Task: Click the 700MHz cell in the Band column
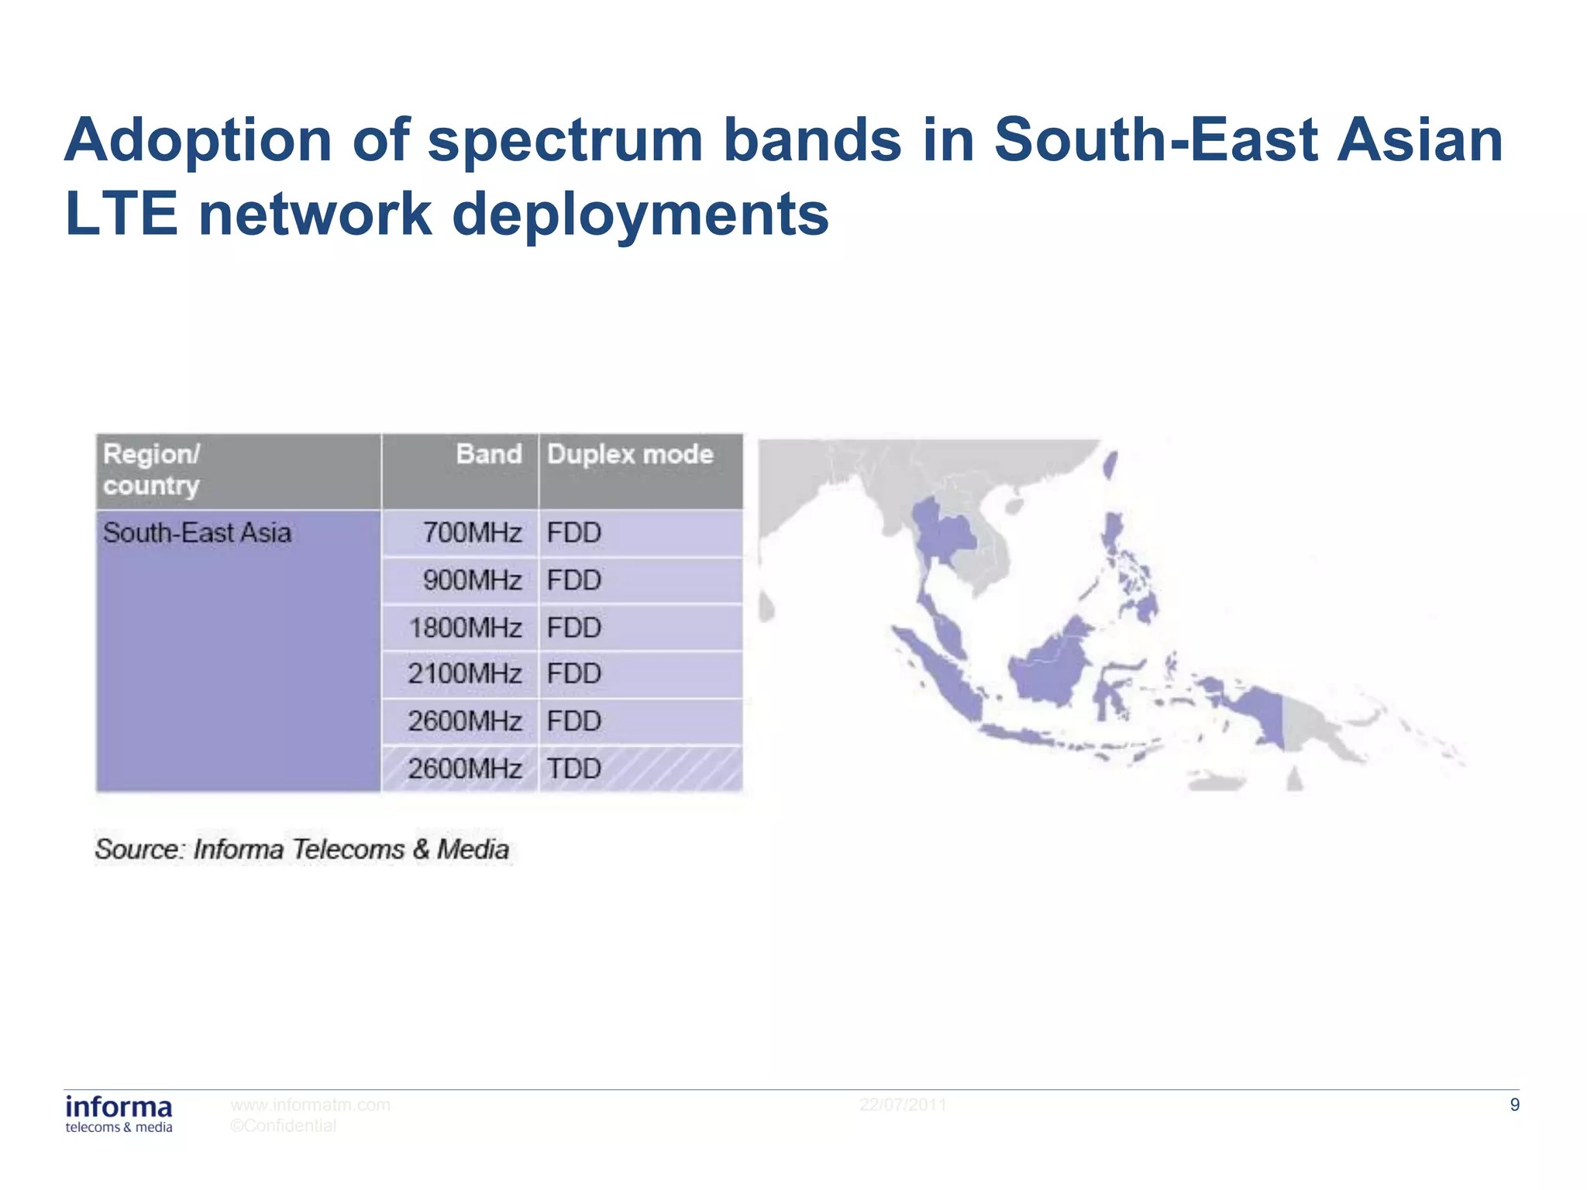point(472,533)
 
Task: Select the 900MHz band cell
point(472,580)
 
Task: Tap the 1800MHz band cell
point(465,628)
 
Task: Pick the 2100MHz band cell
point(465,674)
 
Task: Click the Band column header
point(488,454)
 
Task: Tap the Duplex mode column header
point(629,454)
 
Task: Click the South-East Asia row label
point(198,533)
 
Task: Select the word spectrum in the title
point(564,140)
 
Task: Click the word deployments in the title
point(640,215)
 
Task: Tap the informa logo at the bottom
point(119,1113)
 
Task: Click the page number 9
point(1514,1105)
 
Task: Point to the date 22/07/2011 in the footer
point(903,1105)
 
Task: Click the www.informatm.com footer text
point(310,1105)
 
